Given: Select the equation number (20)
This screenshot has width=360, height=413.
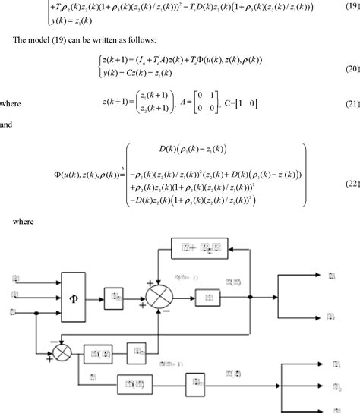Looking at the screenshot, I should (x=349, y=69).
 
